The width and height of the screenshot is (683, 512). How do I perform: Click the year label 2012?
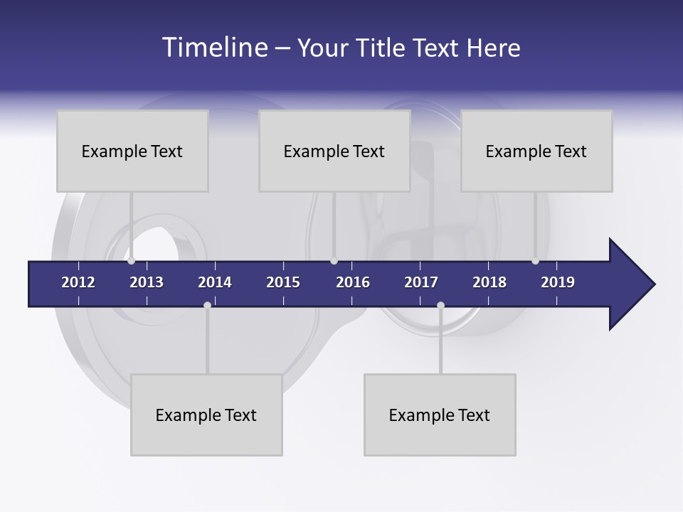click(x=78, y=282)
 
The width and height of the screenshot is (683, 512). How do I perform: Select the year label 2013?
click(x=147, y=282)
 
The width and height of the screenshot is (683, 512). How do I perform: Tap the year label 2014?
click(x=215, y=282)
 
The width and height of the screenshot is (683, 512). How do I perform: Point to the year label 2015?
click(x=283, y=282)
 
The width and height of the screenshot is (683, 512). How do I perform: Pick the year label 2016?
click(x=353, y=282)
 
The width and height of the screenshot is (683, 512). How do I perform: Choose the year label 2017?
click(x=421, y=282)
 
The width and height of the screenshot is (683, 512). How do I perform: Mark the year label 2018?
click(x=489, y=282)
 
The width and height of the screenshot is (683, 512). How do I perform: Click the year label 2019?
click(x=558, y=282)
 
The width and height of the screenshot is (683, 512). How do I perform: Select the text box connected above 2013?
click(x=132, y=151)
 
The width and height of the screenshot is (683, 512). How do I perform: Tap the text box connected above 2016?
click(x=334, y=151)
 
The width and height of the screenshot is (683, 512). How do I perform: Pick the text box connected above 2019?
click(x=536, y=151)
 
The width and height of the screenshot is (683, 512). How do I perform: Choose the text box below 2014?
click(x=206, y=415)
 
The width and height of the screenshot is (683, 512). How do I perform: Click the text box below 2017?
click(x=440, y=415)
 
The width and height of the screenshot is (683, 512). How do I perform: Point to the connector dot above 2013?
click(x=131, y=261)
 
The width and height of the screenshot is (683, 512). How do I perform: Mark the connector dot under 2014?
click(x=207, y=305)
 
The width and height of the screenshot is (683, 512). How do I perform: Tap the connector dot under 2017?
click(x=440, y=305)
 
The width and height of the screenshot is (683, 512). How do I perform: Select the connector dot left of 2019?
click(x=535, y=261)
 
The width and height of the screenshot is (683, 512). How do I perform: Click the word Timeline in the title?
click(x=214, y=48)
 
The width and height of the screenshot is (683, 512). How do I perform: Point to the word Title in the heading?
click(x=383, y=48)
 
